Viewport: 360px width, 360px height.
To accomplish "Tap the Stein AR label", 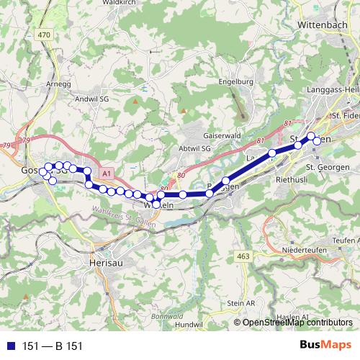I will pos(241,304).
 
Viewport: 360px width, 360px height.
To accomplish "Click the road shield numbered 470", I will pos(45,34).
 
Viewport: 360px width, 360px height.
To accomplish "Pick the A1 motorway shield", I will pos(107,174).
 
